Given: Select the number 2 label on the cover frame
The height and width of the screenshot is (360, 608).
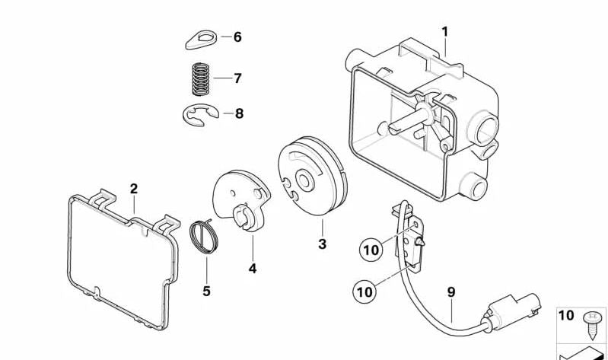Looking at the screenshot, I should pos(134,189).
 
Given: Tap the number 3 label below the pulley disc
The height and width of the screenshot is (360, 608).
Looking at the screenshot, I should pos(322,244).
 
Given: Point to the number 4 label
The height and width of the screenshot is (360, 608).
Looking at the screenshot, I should pos(252,269).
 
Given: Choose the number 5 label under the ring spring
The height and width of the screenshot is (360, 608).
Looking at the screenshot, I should pos(206,291).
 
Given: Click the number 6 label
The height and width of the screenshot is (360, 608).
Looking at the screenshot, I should pos(237,37).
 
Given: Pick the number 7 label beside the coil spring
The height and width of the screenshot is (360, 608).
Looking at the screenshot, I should pos(237,78).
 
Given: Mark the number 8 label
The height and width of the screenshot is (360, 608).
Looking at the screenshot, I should pos(239,114).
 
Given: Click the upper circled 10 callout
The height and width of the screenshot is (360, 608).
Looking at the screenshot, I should pos(370,248).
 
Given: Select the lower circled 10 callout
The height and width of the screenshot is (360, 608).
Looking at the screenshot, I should pos(364,290).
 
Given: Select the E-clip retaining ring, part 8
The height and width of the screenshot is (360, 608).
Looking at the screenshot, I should pos(201,115).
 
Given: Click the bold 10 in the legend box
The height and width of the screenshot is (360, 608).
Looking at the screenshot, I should pos(567,316).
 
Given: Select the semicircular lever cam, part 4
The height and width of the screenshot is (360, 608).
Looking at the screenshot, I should pos(239,199).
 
